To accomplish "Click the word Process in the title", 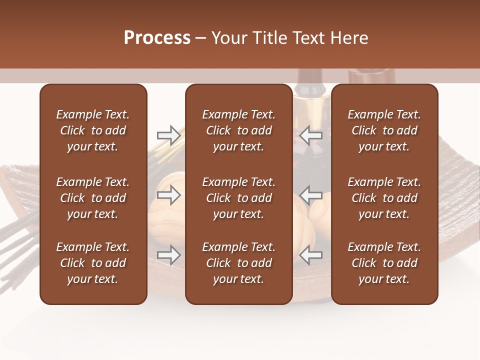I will (157, 38).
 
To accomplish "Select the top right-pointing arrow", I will (169, 135).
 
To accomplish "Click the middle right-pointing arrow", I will (169, 195).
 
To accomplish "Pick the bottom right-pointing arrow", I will (169, 255).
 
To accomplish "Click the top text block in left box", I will (93, 130).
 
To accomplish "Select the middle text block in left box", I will (93, 198).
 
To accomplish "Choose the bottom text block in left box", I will (93, 263).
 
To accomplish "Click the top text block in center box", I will (238, 130).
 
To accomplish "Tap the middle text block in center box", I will (238, 198).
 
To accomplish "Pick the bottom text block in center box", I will (238, 263).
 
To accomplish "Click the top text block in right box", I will (384, 130).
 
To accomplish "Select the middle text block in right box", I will (384, 198).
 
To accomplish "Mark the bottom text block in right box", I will (384, 263).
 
